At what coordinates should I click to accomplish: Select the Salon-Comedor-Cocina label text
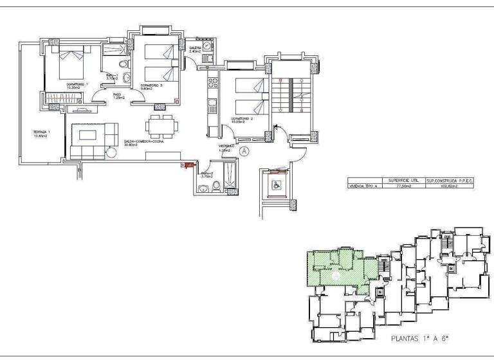tap(143, 143)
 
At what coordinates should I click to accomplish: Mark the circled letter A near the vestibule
tap(244, 151)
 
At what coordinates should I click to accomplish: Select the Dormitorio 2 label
tap(241, 120)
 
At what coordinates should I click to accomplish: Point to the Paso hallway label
tap(118, 96)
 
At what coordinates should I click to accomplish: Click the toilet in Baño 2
tap(216, 187)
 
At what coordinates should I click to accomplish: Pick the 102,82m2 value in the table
tap(449, 186)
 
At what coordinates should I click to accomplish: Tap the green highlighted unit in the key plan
tap(334, 270)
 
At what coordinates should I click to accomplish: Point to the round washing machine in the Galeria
tap(208, 48)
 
